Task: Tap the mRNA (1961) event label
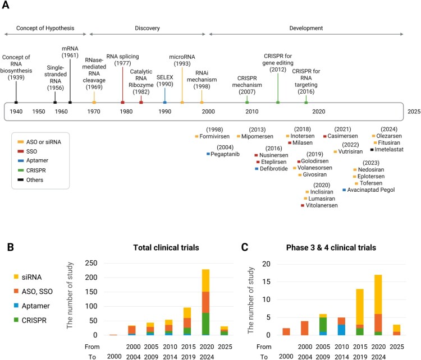click(70, 52)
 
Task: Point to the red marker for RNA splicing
click(122, 102)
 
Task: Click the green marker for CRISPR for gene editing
click(278, 102)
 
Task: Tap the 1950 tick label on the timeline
click(38, 111)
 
